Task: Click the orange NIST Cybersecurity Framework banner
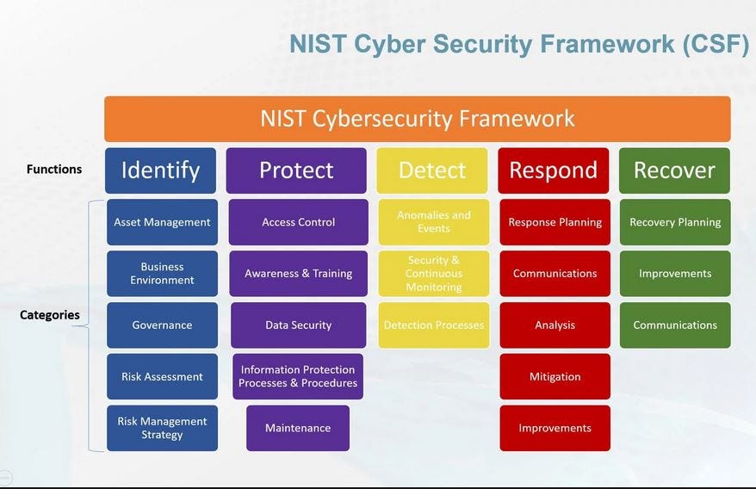pos(418,119)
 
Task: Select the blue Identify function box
pos(161,170)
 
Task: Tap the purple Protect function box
pos(296,170)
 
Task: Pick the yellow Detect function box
pos(433,170)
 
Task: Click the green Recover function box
pos(674,170)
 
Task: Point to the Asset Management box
pos(162,222)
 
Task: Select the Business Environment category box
pos(162,274)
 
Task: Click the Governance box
pos(162,325)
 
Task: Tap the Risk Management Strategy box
pos(162,428)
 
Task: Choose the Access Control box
pos(298,222)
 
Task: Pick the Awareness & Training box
pos(298,274)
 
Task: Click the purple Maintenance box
pos(298,428)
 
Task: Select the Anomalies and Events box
pos(434,222)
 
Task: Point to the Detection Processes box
pos(434,325)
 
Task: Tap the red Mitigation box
pos(555,376)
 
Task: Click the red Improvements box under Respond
pos(555,428)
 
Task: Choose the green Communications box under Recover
pos(675,325)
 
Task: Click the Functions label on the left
pos(54,170)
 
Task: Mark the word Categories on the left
pos(50,315)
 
